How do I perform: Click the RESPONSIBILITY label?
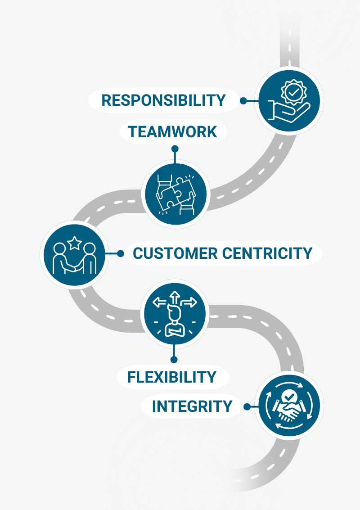[x=163, y=100]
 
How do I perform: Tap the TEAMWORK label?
[x=172, y=132]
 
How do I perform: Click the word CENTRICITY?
[x=267, y=253]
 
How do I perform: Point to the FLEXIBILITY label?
[x=172, y=377]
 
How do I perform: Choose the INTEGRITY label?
[x=192, y=406]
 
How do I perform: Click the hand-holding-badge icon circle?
[x=289, y=101]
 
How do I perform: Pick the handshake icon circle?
[x=289, y=406]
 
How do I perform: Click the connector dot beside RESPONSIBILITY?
[x=243, y=101]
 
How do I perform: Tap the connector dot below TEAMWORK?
[x=175, y=148]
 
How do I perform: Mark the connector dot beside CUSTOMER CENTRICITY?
[x=120, y=254]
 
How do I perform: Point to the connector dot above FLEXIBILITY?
[x=174, y=359]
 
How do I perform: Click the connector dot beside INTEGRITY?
[x=247, y=407]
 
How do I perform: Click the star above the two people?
[x=75, y=244]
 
